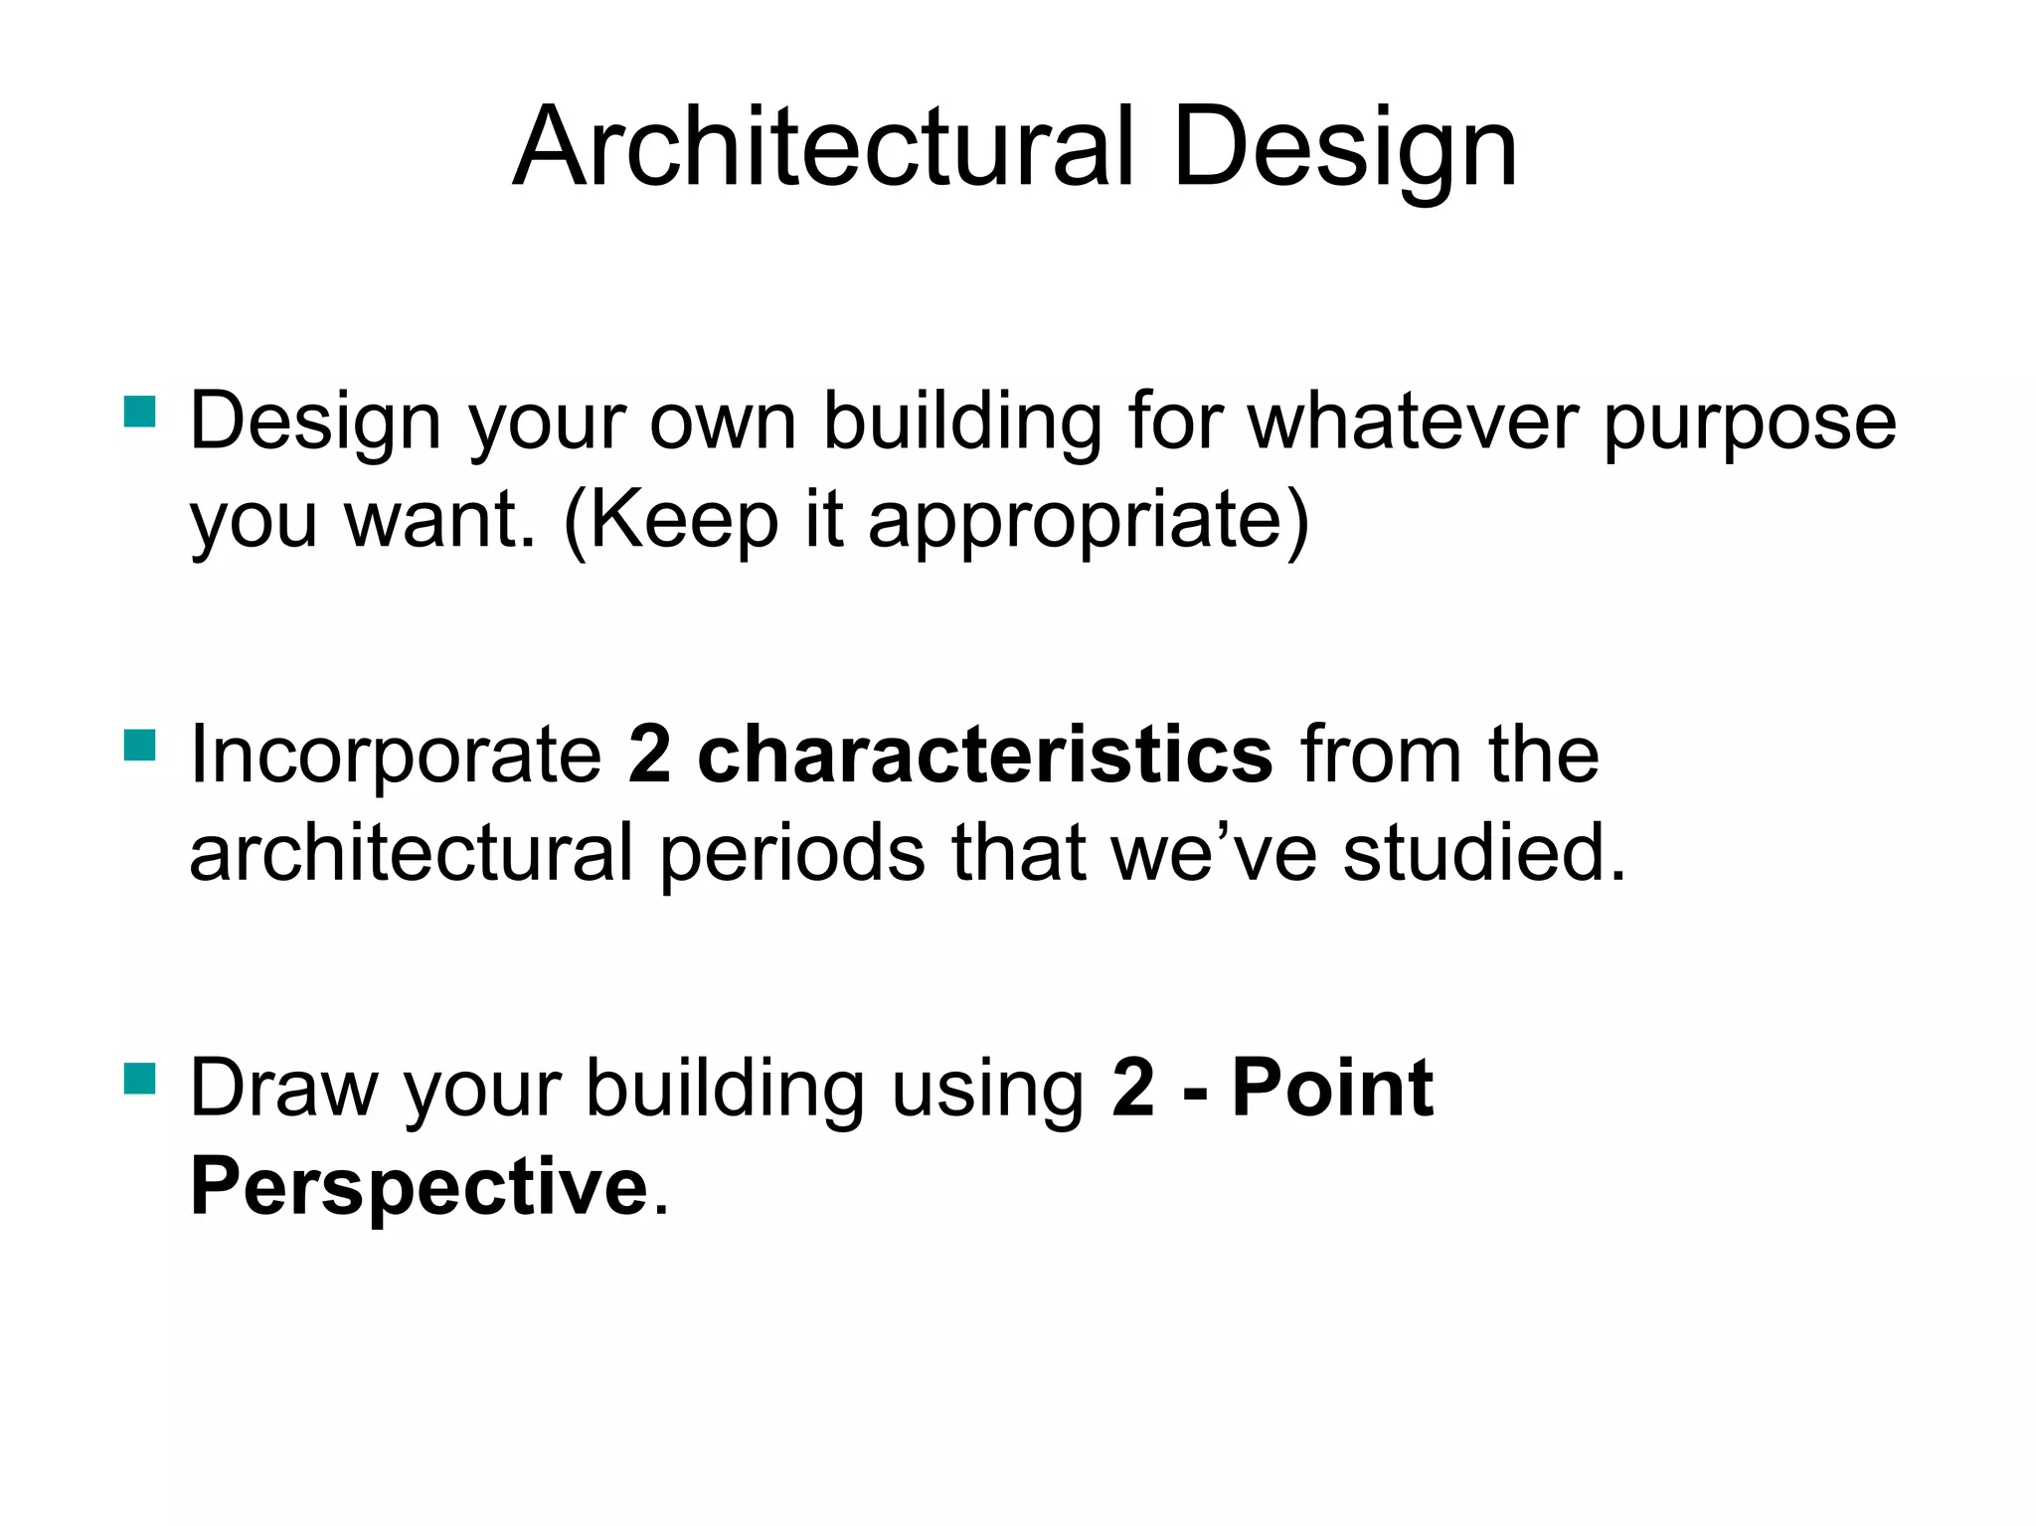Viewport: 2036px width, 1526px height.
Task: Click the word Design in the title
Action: coord(1344,149)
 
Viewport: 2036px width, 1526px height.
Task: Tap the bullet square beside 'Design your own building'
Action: coord(140,411)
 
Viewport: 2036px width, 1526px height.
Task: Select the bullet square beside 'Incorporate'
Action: coord(140,745)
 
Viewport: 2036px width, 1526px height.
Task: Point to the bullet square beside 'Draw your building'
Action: coord(140,1078)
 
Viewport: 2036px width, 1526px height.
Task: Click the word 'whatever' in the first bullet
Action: coord(1413,422)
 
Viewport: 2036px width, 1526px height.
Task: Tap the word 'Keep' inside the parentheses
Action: coord(685,521)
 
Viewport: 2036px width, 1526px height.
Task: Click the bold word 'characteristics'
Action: coord(984,756)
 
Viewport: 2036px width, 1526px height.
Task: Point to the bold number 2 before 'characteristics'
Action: coord(650,756)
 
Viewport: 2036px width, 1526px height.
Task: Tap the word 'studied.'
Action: coord(1484,853)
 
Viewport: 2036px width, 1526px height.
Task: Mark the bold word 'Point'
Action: coord(1332,1089)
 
